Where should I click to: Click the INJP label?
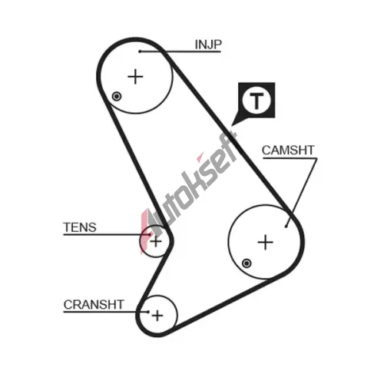coord(208,45)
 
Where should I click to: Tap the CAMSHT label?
coord(288,151)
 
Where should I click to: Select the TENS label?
coord(80,227)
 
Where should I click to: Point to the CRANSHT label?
coord(94,305)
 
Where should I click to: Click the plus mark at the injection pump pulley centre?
coord(135,77)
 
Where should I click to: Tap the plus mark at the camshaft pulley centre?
coord(265,242)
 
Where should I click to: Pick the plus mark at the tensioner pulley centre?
coord(156,241)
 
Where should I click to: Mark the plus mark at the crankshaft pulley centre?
coord(157,316)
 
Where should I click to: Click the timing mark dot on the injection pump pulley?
coord(117,97)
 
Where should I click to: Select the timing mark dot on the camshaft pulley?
coord(247,263)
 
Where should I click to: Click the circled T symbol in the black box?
coord(257,101)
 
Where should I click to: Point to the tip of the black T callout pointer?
coord(232,125)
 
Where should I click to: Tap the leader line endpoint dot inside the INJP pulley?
coord(140,51)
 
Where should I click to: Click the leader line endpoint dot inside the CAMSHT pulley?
coord(286,227)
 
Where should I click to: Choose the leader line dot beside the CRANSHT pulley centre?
coord(148,312)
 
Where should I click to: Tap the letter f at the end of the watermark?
coord(230,144)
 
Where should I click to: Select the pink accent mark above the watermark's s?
coord(200,157)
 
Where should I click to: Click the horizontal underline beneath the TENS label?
coord(107,234)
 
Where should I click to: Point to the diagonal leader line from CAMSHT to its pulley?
coord(301,193)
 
